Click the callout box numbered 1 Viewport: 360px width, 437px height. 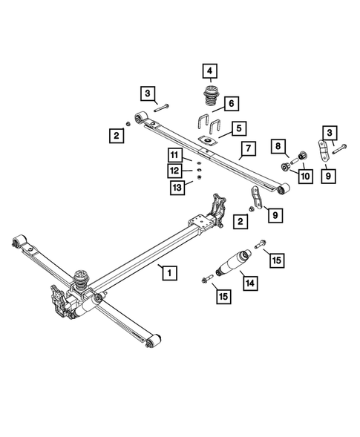(170, 273)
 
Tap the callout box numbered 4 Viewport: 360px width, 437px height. (210, 72)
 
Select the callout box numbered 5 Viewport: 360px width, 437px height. (238, 128)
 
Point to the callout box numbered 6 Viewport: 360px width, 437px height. (231, 102)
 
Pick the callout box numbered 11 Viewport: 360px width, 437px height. (174, 155)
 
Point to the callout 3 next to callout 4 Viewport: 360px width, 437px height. (148, 93)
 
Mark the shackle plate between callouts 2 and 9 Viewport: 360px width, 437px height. (256, 200)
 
